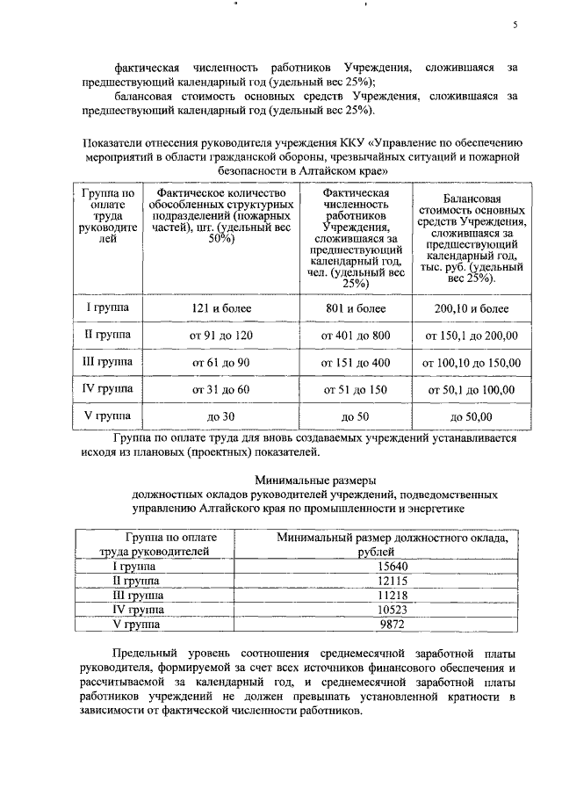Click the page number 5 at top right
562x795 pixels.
[x=516, y=25]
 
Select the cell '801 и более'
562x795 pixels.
[x=354, y=308]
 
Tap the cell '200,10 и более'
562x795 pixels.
[x=470, y=309]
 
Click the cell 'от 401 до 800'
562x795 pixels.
[x=354, y=336]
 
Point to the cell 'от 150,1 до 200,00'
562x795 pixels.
[x=470, y=336]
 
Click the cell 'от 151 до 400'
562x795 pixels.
[x=354, y=362]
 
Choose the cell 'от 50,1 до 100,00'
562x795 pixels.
[x=470, y=389]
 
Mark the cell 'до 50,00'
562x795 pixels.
[x=470, y=416]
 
